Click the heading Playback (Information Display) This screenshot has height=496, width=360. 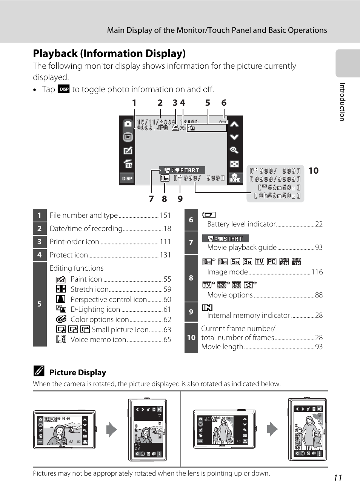[x=109, y=54]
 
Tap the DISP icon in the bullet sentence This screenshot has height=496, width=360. [x=64, y=89]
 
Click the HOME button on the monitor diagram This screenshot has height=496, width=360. [x=235, y=177]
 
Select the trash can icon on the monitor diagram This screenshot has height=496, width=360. [x=128, y=164]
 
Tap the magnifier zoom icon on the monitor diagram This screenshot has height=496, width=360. [x=234, y=150]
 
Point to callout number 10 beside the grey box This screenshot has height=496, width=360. [x=313, y=171]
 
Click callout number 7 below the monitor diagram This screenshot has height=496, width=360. [x=151, y=199]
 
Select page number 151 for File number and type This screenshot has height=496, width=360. [x=165, y=215]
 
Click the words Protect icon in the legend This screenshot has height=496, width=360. [x=69, y=255]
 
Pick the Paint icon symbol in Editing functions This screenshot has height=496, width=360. [x=61, y=280]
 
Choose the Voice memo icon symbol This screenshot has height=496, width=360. [x=61, y=339]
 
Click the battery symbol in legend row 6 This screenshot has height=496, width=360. [x=209, y=215]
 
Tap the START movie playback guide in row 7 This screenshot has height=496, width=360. [x=225, y=239]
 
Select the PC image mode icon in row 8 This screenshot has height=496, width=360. [x=271, y=262]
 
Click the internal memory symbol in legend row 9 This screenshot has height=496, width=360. [x=207, y=308]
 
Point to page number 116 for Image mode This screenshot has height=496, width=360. [x=317, y=272]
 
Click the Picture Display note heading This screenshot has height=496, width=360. [x=77, y=373]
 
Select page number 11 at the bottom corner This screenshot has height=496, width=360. [x=338, y=478]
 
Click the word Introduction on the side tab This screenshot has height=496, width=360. [x=342, y=102]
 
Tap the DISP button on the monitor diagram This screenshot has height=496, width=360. [x=127, y=178]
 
